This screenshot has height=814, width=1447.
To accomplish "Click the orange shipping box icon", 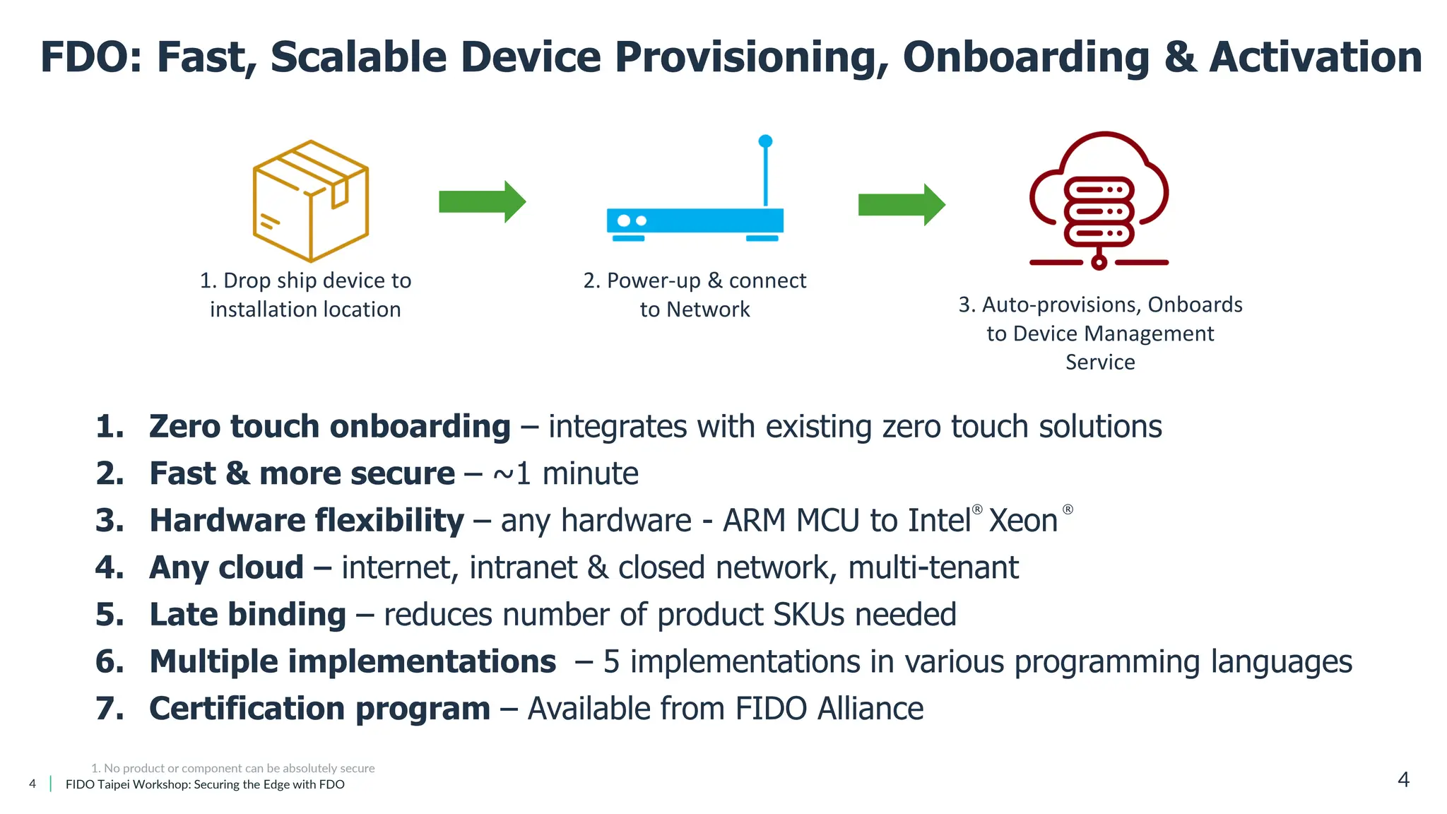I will (311, 201).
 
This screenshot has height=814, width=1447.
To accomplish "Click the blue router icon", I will (695, 220).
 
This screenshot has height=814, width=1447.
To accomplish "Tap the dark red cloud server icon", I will (1099, 201).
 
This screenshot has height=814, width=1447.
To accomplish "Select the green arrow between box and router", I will (482, 202).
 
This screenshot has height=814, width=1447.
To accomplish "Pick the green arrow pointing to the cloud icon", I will (901, 205).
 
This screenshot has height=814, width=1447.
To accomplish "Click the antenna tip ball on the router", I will (765, 141).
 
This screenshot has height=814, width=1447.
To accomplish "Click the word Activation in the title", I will (1316, 58).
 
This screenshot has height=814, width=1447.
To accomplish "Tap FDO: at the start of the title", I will (90, 58).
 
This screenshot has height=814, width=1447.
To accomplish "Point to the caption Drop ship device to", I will (305, 281).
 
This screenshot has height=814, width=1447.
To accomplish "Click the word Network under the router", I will (708, 309).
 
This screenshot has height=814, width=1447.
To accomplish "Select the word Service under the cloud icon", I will (1100, 362).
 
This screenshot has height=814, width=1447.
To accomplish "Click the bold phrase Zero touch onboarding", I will (329, 427).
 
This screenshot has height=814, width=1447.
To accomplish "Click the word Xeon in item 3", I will (1022, 521).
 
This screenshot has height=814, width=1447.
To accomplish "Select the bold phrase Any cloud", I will (226, 568).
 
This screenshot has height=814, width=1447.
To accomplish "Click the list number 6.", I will (110, 662).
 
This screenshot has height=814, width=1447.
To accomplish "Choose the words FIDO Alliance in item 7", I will (829, 709).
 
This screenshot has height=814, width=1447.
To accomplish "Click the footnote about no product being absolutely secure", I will (233, 768).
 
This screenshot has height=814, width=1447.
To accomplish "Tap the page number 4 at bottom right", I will (1403, 779).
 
